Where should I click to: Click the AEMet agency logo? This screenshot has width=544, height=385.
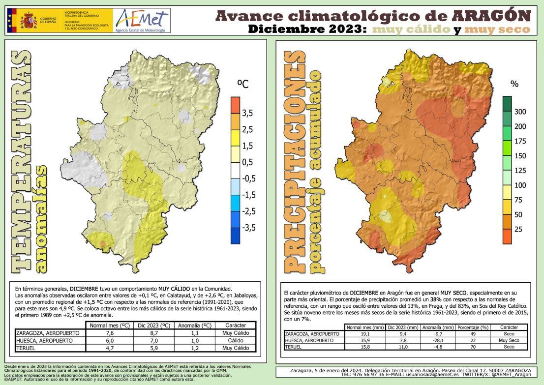click(142, 21)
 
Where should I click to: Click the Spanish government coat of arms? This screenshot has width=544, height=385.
click(29, 21)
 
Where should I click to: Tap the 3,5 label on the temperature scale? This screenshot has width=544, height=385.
click(247, 113)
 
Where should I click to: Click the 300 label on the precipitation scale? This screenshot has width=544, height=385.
click(520, 112)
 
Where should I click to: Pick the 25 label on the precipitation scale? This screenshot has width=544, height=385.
click(518, 230)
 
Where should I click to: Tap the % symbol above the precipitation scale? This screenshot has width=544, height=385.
click(514, 84)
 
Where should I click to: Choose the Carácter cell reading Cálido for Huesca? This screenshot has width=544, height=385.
click(235, 340)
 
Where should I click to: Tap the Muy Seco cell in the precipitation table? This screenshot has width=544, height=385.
click(509, 340)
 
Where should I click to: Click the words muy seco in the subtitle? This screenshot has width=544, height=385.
click(498, 30)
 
